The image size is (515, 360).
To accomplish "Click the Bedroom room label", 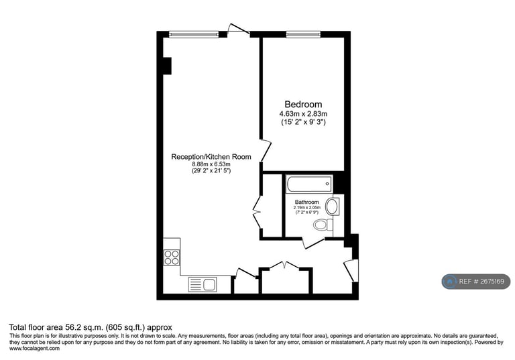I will (303, 105).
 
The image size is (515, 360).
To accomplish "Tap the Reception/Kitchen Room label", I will (211, 157).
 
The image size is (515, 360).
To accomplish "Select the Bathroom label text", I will (306, 202).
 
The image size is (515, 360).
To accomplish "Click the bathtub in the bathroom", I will (308, 183).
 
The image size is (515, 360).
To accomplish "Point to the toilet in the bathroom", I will (323, 225).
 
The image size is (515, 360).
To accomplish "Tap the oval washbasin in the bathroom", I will (333, 206).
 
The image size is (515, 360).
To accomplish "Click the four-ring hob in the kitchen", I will (171, 257).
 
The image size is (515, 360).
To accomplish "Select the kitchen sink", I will (203, 284).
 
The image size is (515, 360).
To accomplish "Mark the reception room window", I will (193, 34).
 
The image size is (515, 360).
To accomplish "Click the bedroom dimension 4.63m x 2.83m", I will (303, 114).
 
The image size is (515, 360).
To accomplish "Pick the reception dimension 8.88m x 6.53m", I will (211, 165).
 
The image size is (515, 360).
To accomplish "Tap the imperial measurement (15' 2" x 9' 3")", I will (303, 122).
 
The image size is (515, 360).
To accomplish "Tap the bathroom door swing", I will (312, 242).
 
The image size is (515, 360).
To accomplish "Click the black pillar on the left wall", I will (167, 66).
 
